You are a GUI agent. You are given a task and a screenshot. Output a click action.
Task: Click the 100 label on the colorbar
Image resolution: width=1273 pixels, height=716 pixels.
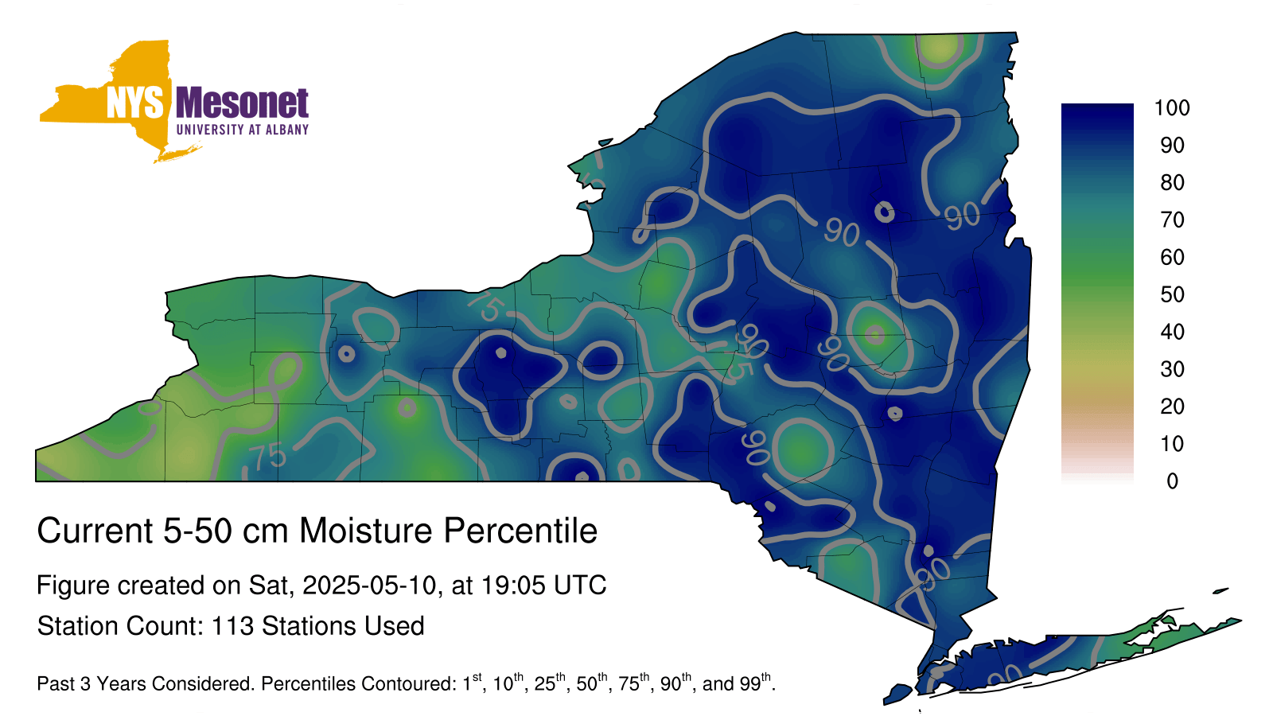point(1172,108)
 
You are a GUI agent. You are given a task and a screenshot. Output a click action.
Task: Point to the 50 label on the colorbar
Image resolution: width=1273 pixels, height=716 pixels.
point(1172,294)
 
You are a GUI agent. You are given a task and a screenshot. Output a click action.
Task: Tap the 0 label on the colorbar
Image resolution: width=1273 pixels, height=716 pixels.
point(1173,481)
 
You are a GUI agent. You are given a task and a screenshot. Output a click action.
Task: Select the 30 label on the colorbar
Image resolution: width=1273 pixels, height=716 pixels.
point(1172,369)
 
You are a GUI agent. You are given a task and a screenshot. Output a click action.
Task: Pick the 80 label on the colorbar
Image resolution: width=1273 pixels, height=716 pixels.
point(1172,182)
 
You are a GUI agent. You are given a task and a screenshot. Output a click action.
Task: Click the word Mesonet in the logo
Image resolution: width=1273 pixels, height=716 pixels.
point(242,103)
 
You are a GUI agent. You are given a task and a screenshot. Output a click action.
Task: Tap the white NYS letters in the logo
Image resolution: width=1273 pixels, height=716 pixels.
point(134,103)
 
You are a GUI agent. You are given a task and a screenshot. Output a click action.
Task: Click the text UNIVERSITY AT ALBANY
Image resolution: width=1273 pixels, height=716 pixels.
point(243,130)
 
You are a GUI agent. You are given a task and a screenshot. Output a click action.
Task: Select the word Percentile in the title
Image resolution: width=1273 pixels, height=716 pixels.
point(520,531)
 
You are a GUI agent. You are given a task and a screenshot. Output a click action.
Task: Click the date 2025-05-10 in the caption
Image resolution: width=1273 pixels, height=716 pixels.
point(369,586)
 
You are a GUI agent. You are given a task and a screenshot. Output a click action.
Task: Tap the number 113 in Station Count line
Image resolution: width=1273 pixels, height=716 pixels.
point(232,626)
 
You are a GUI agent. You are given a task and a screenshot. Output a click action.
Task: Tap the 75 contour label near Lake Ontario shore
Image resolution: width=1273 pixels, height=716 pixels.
point(486,305)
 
